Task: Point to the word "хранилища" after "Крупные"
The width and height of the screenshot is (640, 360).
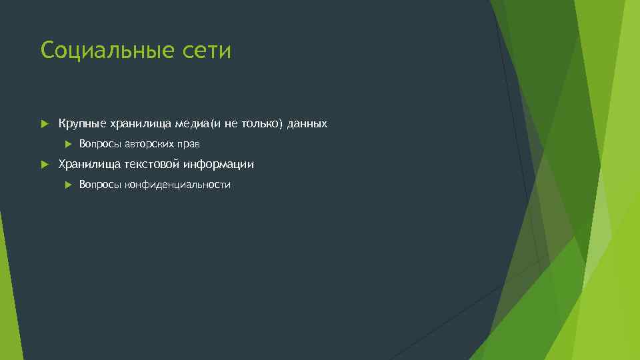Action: (141, 124)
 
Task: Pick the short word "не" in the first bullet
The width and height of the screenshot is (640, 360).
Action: (231, 124)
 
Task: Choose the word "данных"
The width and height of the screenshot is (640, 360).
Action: (308, 124)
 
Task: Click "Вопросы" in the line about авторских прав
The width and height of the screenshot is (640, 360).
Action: (101, 144)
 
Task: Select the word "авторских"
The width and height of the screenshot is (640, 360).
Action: (151, 144)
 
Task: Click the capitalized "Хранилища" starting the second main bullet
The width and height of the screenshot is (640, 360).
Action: (88, 164)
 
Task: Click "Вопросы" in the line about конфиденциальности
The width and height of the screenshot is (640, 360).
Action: (101, 185)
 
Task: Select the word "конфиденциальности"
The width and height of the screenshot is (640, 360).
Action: (178, 185)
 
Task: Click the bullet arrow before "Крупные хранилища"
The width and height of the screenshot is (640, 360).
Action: (45, 124)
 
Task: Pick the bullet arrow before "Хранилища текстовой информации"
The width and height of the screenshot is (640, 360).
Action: (45, 164)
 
